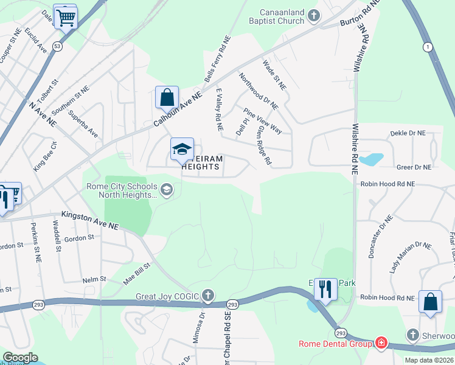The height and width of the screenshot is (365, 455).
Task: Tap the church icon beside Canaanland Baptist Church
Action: tap(314, 15)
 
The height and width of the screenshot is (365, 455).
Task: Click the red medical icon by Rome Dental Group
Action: tap(381, 343)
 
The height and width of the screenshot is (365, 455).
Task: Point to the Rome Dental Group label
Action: tap(335, 344)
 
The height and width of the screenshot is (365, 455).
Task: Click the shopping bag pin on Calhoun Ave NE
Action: tap(166, 97)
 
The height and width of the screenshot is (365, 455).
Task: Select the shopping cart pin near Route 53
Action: tap(65, 16)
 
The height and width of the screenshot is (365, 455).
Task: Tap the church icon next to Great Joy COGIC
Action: tap(208, 296)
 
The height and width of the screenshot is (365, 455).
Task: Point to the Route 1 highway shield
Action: tap(428, 47)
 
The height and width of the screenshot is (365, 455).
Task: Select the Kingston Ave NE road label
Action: tap(91, 220)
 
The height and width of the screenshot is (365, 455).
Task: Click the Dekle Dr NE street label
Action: tap(408, 133)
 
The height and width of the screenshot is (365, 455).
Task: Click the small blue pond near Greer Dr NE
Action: tap(371, 159)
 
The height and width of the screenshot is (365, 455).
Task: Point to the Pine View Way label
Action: tap(263, 121)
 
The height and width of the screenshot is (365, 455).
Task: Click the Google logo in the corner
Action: tap(20, 358)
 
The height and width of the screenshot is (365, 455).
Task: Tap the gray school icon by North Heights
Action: tap(166, 190)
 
